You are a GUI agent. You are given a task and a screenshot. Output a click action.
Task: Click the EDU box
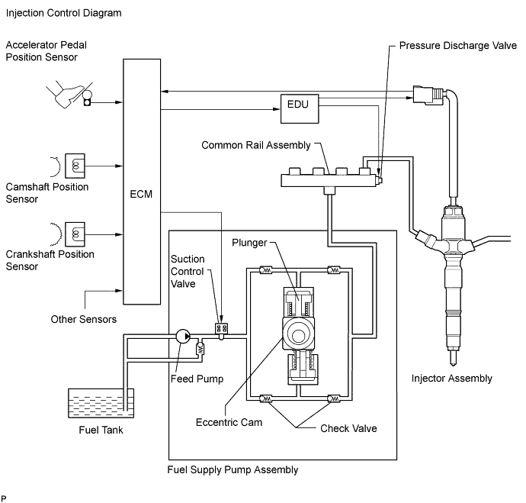[300, 109]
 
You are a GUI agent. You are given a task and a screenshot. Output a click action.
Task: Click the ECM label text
[141, 194]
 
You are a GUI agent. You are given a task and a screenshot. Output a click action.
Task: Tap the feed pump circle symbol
[183, 336]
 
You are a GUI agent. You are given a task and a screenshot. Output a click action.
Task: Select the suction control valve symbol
[221, 330]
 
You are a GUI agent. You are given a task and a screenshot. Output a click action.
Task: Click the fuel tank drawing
[101, 403]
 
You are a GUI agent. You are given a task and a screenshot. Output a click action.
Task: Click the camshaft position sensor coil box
[75, 166]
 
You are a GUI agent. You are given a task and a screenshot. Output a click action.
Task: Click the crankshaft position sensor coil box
[75, 234]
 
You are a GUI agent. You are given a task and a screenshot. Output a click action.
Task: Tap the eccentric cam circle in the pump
[298, 335]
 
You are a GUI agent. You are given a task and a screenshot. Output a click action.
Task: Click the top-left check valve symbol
[266, 269]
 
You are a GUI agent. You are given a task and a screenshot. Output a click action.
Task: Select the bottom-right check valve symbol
[333, 398]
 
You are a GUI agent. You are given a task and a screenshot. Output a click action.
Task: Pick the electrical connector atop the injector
[428, 94]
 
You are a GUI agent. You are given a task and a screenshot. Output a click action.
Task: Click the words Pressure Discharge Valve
[458, 45]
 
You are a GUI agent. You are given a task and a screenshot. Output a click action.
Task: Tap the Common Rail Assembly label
[256, 145]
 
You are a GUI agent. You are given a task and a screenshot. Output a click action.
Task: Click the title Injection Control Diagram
[64, 13]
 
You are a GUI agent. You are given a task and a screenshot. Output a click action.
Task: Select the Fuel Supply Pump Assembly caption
[233, 469]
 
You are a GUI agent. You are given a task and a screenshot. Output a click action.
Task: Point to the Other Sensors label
[84, 319]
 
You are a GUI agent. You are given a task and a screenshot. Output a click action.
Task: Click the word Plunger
[249, 243]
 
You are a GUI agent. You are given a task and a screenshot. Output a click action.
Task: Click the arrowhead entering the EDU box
[277, 109]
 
